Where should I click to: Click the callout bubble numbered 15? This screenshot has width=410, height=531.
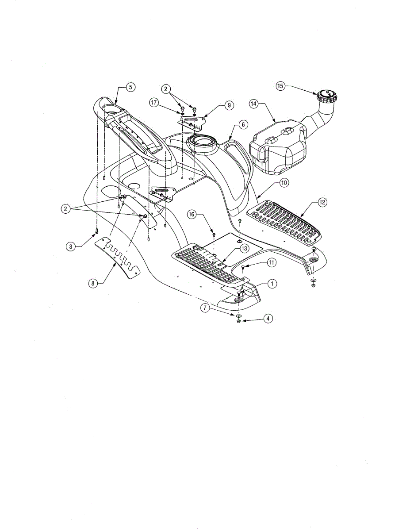click(281, 86)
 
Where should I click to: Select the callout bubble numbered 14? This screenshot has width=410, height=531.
click(253, 104)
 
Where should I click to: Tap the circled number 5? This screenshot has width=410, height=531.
click(130, 87)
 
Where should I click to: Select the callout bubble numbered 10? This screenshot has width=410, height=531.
click(284, 182)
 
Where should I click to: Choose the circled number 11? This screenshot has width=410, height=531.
click(271, 262)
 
